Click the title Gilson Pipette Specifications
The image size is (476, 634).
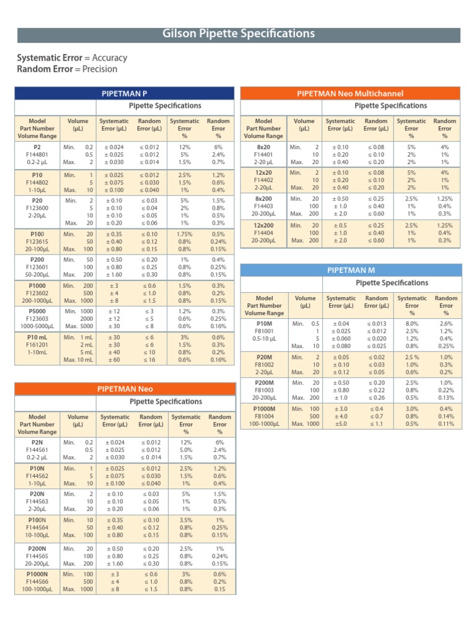[x=239, y=33]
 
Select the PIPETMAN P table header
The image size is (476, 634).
[x=124, y=93]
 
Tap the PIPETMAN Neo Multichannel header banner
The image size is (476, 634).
[x=350, y=93]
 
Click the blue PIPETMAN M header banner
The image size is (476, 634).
[x=351, y=270]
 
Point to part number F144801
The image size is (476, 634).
[x=37, y=154]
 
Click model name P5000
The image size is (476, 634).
[x=37, y=311]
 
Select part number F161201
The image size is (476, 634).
[x=37, y=345]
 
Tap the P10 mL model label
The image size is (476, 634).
[x=37, y=337]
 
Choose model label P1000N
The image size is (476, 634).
[x=37, y=574]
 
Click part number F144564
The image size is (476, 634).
[x=37, y=528]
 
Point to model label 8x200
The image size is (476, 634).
[x=263, y=199]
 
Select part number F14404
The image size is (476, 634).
[x=263, y=233]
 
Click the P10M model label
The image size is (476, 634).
[x=264, y=323]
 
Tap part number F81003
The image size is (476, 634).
[x=264, y=390]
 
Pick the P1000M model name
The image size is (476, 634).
[x=264, y=409]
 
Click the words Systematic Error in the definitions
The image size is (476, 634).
[x=50, y=58]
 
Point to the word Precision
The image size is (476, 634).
[x=100, y=69]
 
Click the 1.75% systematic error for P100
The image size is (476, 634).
[x=185, y=234]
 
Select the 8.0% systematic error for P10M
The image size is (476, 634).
[x=412, y=323]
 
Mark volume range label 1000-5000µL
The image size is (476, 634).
[x=37, y=326]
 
